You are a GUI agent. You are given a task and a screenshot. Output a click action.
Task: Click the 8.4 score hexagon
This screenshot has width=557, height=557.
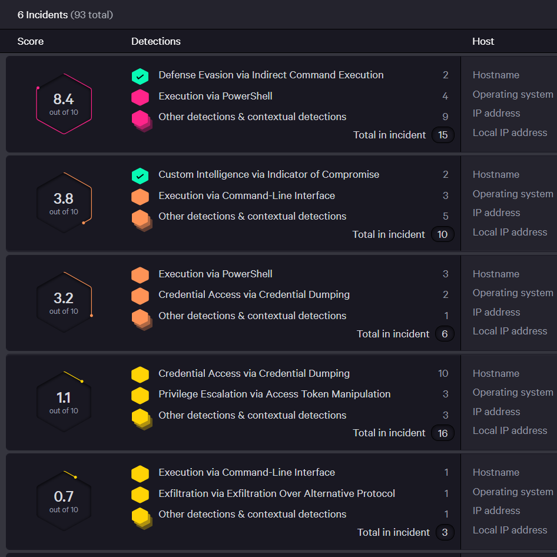(x=64, y=104)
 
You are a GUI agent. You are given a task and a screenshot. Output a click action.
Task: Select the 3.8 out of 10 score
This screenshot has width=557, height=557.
(x=64, y=203)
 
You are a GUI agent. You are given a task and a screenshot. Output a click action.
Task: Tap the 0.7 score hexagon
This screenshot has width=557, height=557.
(x=64, y=501)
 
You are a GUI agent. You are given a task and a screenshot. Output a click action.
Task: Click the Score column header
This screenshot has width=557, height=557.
(x=31, y=41)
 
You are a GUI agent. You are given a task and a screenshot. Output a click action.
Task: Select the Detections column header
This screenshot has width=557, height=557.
(x=156, y=41)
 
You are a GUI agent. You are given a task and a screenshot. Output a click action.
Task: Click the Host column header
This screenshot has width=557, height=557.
(x=483, y=41)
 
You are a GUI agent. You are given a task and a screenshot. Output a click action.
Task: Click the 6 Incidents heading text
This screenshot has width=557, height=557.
(x=43, y=15)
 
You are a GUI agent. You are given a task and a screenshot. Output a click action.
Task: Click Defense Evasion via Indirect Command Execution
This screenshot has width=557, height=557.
(x=271, y=75)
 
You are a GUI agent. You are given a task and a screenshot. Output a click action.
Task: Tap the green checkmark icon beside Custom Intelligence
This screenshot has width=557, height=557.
(x=140, y=175)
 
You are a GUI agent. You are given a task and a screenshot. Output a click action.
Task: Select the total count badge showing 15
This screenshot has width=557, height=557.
(x=443, y=135)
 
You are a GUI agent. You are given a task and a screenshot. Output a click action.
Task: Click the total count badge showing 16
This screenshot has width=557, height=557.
(x=443, y=433)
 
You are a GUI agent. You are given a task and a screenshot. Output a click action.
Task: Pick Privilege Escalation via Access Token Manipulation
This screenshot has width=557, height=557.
(x=274, y=394)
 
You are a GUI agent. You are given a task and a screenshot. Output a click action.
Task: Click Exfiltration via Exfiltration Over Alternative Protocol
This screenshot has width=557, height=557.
(x=277, y=493)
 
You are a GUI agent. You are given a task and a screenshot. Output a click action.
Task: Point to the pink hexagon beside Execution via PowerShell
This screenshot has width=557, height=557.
(x=140, y=97)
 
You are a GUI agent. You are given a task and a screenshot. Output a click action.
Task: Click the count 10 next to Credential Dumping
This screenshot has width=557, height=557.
(x=443, y=373)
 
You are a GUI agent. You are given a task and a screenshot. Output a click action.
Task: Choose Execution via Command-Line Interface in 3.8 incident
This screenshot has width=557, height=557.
(x=247, y=195)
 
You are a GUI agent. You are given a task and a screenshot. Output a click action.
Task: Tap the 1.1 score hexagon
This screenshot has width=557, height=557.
(x=64, y=402)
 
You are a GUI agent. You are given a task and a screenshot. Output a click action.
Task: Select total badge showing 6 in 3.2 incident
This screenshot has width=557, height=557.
(x=445, y=334)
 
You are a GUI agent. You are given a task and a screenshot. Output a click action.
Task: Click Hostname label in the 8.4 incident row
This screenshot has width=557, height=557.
(x=496, y=75)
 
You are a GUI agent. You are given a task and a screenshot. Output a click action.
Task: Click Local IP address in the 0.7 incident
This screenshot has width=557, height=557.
(x=510, y=530)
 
